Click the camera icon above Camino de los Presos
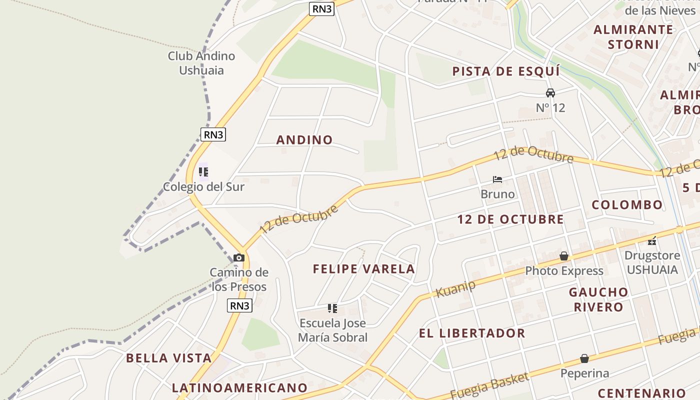click(239, 258)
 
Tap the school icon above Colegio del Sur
click(203, 172)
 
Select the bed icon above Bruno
click(497, 179)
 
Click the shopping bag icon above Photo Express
click(564, 256)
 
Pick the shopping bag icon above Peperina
click(584, 358)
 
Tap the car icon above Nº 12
click(550, 93)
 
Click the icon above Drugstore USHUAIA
click(652, 241)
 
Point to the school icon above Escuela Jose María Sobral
click(332, 308)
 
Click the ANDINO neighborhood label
click(304, 140)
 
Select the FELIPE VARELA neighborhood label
click(364, 269)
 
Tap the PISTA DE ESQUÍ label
click(506, 71)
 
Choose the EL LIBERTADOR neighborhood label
click(472, 333)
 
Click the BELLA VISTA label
click(169, 358)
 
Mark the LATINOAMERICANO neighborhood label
click(239, 388)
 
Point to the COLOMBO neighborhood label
click(627, 204)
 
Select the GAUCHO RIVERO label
click(598, 299)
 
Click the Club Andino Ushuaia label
click(201, 63)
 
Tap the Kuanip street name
click(455, 288)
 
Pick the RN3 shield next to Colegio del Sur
click(213, 134)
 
